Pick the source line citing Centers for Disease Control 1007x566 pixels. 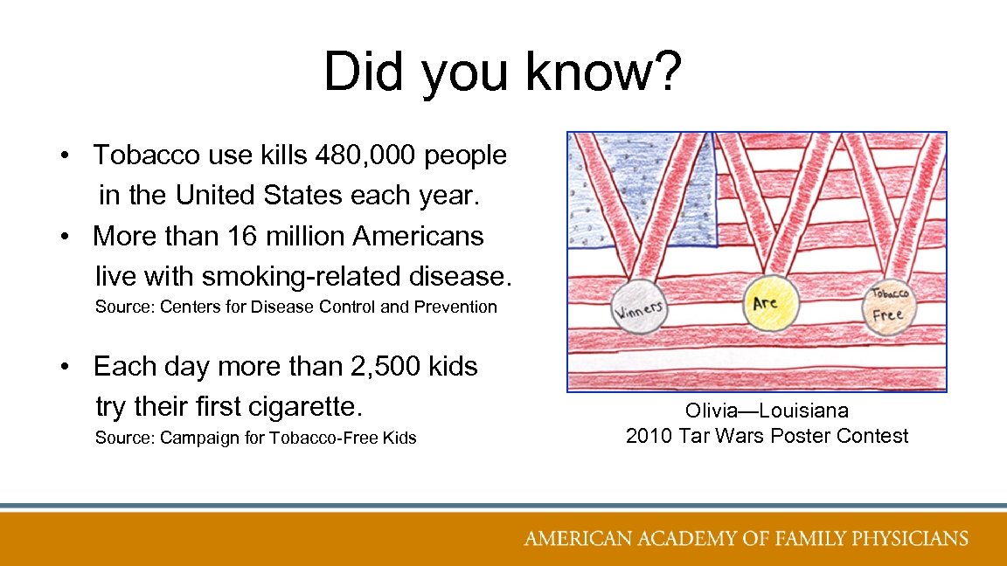[x=295, y=307]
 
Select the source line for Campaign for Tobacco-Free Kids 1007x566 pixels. [x=255, y=438]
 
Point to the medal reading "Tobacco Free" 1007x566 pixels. [x=888, y=305]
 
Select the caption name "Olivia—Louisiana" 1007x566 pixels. [x=767, y=411]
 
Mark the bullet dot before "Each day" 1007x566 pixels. [x=66, y=367]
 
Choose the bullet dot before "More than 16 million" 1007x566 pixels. [x=66, y=236]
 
